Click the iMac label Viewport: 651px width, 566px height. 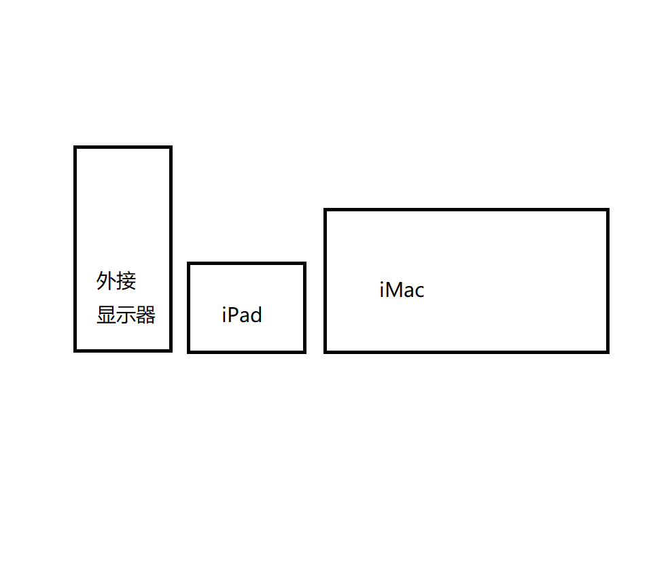(402, 290)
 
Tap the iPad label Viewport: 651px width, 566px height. (242, 315)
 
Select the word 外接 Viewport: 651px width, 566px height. (116, 281)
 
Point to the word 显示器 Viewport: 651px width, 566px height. (126, 315)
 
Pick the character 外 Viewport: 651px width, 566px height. (106, 281)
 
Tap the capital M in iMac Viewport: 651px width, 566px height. (396, 290)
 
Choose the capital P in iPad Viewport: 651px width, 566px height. (232, 315)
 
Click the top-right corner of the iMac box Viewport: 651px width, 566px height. (607, 211)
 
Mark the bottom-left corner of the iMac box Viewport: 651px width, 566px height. (326, 351)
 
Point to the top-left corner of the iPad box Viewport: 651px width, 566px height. (189, 264)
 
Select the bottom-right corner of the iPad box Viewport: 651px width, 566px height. (304, 351)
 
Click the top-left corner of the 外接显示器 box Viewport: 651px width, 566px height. (75, 147)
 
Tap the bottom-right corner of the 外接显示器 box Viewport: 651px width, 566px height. (170, 350)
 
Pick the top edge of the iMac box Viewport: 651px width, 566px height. (466, 211)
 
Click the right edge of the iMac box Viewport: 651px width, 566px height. (607, 281)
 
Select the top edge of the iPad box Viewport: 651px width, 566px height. (246, 264)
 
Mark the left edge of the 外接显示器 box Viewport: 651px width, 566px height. (75, 249)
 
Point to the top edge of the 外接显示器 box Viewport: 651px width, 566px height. (122, 147)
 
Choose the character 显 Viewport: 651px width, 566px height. (106, 315)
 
